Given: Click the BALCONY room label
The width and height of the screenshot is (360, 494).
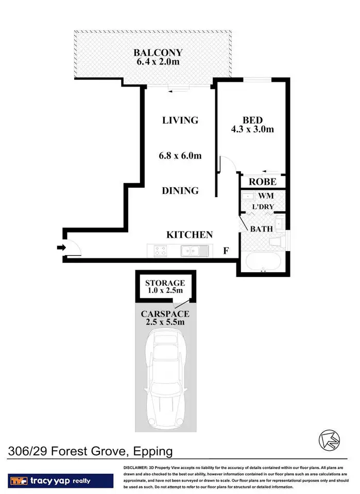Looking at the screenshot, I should tap(158, 52).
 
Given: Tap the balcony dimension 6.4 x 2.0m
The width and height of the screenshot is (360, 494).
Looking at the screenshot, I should tap(158, 63).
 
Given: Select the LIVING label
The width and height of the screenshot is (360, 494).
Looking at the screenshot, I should tap(180, 120).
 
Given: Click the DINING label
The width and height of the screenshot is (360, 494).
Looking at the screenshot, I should tap(180, 190).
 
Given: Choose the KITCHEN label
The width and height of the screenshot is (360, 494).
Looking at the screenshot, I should tap(190, 235).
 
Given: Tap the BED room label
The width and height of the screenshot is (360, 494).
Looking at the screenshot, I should tap(252, 119).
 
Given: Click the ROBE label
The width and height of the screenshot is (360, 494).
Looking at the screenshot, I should tap(263, 182).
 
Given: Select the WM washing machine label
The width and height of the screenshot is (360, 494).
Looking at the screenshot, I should tap(266, 196).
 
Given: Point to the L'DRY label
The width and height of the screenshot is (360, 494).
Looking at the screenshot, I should tap(263, 207).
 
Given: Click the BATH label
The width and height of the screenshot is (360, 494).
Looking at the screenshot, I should tap(261, 228).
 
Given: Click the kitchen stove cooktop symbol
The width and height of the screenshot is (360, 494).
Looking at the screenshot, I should tap(160, 251).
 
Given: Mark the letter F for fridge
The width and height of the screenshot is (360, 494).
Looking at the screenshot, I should tap(226, 252).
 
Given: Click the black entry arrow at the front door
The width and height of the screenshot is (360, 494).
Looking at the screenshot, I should tap(61, 248).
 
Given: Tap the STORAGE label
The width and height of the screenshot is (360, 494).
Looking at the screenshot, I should tap(165, 283).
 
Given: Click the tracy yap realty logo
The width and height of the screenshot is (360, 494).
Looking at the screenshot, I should tap(61, 481).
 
